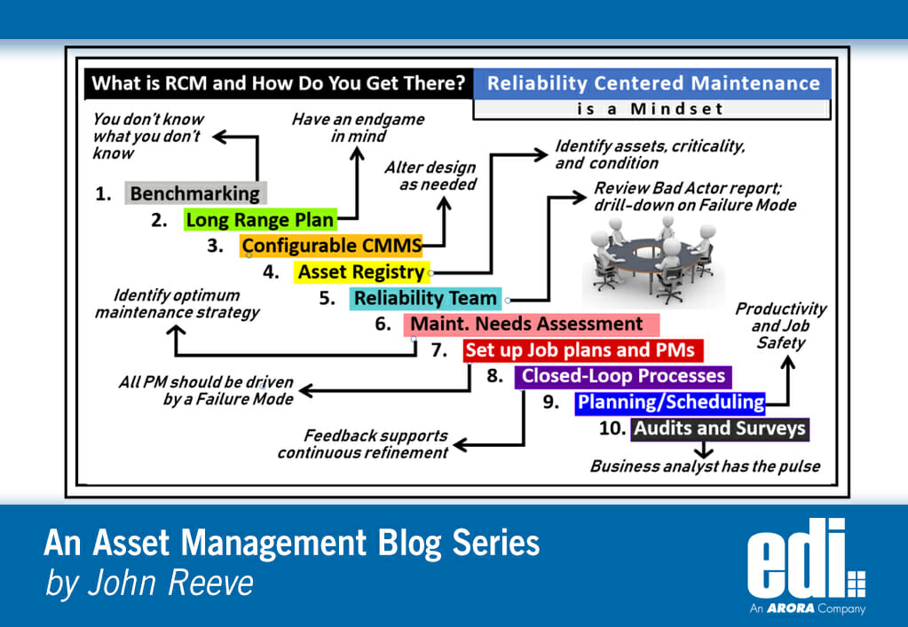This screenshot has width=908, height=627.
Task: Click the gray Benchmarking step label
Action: click(196, 193)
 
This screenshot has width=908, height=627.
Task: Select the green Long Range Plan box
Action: click(260, 220)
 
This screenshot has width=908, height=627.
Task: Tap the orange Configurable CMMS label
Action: click(330, 246)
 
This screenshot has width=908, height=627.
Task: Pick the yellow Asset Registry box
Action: click(361, 272)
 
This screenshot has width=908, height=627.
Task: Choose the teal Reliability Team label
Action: click(425, 298)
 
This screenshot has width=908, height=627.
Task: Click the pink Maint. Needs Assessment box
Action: click(531, 324)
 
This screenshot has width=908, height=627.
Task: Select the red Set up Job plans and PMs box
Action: click(582, 349)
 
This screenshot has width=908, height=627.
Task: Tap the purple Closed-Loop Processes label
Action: click(622, 376)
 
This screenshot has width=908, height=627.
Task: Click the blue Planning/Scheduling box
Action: click(670, 403)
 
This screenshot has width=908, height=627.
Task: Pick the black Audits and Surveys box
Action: click(720, 429)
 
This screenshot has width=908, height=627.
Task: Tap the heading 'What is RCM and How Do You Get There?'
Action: click(279, 84)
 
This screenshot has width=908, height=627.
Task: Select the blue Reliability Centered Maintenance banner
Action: click(652, 83)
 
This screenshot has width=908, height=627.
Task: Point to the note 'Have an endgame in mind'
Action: click(358, 128)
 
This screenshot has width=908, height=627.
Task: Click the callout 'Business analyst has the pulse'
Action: click(704, 466)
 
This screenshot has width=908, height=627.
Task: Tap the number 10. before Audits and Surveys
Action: click(613, 429)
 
